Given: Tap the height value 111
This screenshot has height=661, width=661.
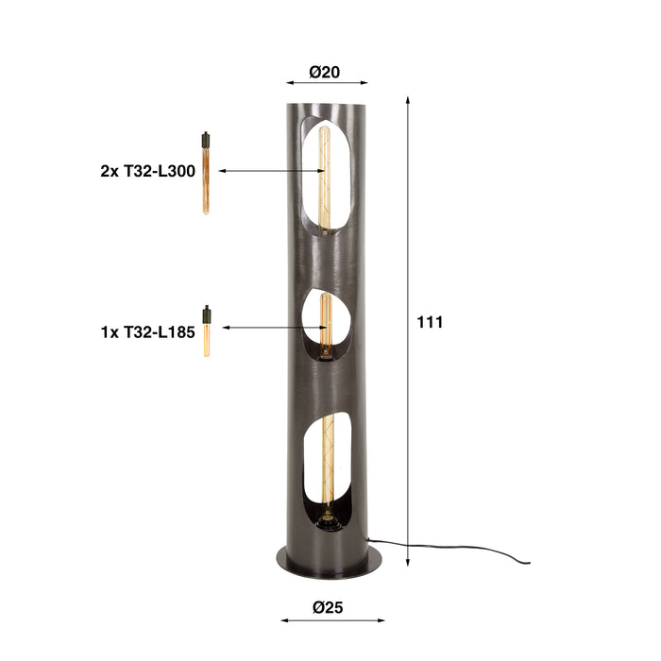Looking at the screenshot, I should (430, 322).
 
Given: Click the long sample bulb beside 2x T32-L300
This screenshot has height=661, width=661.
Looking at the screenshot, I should (204, 179).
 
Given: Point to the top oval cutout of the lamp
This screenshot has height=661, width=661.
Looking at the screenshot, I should (325, 175).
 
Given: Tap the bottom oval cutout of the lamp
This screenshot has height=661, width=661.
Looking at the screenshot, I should (326, 463).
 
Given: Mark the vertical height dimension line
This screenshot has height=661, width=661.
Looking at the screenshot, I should (408, 330).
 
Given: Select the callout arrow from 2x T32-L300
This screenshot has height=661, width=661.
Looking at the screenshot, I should (269, 171).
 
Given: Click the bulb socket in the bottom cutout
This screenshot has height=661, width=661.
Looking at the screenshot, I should (326, 518).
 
